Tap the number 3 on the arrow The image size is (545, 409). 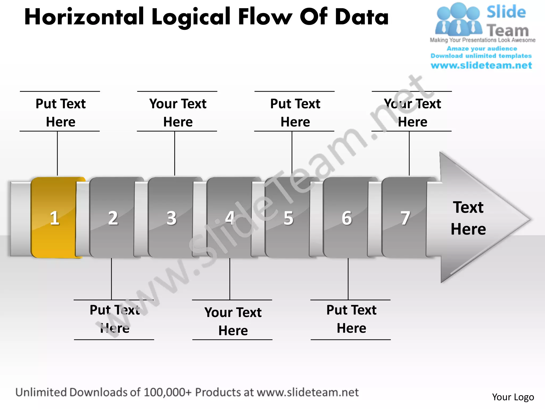click(x=171, y=218)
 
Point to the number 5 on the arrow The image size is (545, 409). click(x=288, y=218)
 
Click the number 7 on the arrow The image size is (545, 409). click(x=405, y=218)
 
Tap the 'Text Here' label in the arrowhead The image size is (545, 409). click(x=468, y=218)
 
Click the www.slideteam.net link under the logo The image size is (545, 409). click(x=481, y=65)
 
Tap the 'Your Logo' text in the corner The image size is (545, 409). click(x=513, y=397)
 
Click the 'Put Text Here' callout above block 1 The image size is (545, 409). click(x=61, y=112)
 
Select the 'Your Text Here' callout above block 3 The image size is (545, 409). click(x=178, y=112)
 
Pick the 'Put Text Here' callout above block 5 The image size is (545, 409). click(x=295, y=112)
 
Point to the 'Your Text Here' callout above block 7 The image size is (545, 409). click(x=412, y=112)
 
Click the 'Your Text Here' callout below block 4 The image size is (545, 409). click(x=233, y=321)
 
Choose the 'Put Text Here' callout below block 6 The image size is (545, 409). click(x=351, y=319)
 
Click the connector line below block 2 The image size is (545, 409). click(x=112, y=279)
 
